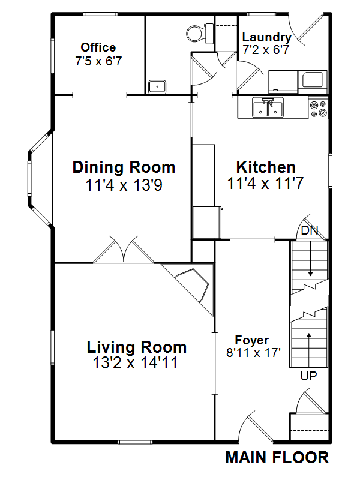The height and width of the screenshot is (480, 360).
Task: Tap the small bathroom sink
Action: [x=157, y=86]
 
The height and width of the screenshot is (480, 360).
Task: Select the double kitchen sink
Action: [x=268, y=107]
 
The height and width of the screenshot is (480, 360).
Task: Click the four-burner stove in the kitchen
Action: [x=318, y=109]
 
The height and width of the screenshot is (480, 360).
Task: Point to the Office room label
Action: [x=98, y=47]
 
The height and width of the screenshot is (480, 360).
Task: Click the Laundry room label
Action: [x=266, y=37]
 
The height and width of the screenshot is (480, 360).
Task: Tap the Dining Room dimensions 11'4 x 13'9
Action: [x=124, y=185]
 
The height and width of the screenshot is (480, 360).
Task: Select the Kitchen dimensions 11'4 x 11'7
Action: [x=265, y=184]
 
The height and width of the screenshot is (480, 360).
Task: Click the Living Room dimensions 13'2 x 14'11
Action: [x=135, y=363]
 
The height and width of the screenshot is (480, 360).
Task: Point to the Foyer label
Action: [x=252, y=340]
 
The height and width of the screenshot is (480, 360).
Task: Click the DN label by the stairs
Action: [x=310, y=230]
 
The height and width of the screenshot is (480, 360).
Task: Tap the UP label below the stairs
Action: [x=308, y=376]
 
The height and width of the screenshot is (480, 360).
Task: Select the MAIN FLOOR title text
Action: [x=277, y=458]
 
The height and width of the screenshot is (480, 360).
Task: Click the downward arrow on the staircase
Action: [x=310, y=259]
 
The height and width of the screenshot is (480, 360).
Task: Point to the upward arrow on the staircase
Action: [x=309, y=350]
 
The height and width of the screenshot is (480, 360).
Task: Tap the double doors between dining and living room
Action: [x=124, y=250]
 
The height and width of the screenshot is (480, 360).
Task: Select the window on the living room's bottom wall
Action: [x=135, y=442]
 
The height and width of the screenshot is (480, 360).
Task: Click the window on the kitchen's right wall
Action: [x=331, y=170]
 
